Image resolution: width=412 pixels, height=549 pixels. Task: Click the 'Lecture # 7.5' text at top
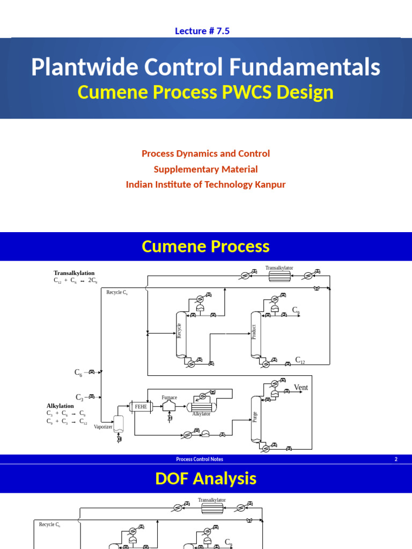point(202,31)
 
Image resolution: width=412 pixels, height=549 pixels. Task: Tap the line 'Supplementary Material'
point(205,169)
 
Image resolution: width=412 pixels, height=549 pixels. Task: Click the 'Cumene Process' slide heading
point(205,247)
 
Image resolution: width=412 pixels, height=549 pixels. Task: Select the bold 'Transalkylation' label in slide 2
point(74,273)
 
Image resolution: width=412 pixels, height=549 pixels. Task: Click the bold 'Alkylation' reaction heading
point(60,406)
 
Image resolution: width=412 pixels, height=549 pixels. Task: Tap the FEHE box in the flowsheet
point(141,407)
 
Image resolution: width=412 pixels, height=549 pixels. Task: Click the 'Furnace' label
point(169,397)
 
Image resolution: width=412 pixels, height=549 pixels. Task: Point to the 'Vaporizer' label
point(103,427)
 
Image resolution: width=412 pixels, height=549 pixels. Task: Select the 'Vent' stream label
point(301,388)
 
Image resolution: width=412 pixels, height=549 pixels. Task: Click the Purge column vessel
point(255,418)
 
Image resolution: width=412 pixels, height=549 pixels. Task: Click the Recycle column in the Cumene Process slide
point(180,334)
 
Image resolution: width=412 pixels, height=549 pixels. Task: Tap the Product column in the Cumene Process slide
point(255,334)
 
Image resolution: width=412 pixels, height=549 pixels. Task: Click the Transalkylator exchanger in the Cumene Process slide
point(279,276)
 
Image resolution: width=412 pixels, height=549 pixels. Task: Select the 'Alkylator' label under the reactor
point(201,414)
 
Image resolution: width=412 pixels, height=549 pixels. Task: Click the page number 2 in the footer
point(396,459)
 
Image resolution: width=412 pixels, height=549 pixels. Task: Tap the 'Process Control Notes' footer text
point(200,459)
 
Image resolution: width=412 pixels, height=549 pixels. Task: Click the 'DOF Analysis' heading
point(205,479)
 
